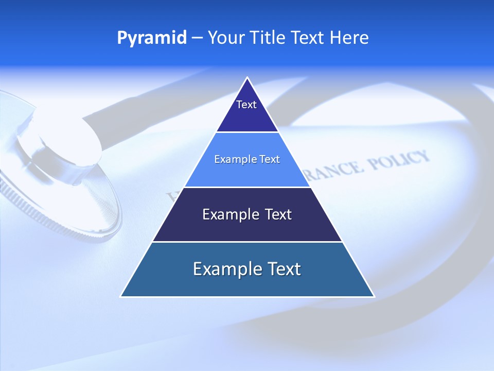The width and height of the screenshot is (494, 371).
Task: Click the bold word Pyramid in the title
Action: (152, 38)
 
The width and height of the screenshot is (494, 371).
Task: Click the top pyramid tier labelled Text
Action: (247, 116)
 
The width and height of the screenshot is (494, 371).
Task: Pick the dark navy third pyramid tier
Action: (247, 227)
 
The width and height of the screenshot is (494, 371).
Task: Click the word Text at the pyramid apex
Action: (246, 105)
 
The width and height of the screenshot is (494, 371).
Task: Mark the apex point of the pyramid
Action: (248, 78)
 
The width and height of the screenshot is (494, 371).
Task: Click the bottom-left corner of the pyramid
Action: (121, 296)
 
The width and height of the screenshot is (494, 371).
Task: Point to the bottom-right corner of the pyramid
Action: (374, 296)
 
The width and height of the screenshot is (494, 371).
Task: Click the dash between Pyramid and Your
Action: (197, 38)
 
